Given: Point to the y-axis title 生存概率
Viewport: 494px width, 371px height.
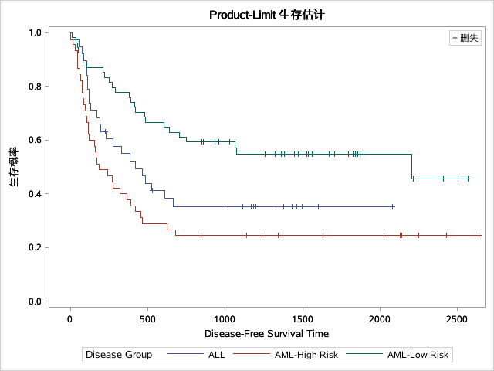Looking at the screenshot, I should tap(14, 167).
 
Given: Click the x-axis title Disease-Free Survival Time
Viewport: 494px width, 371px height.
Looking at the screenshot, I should tap(266, 334).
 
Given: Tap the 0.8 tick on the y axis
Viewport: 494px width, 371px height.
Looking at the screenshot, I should tap(36, 87).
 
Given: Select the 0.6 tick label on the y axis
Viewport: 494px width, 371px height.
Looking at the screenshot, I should tap(36, 140).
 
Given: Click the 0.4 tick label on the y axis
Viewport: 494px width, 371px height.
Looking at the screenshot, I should tap(36, 194).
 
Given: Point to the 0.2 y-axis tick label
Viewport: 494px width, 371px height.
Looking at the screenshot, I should tap(36, 247).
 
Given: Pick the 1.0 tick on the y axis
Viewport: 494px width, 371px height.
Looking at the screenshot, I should tap(36, 32).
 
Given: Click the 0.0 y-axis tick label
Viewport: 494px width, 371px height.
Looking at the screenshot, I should tap(36, 301).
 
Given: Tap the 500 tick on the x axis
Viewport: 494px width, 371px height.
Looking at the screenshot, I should tap(147, 318).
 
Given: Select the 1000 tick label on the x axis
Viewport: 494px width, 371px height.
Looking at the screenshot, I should tap(225, 318).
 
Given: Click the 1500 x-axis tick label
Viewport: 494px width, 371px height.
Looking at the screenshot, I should tap(302, 318).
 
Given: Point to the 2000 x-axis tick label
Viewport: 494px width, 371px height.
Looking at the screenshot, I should tap(380, 318).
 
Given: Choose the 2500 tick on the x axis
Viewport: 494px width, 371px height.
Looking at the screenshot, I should tap(457, 318).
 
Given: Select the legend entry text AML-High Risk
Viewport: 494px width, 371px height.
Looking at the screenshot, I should tap(306, 355).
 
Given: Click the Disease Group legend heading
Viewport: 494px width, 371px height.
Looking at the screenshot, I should tap(119, 355).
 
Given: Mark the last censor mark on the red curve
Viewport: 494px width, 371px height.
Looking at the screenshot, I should tap(479, 235).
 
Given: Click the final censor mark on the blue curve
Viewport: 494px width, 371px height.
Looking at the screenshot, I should tap(393, 206).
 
